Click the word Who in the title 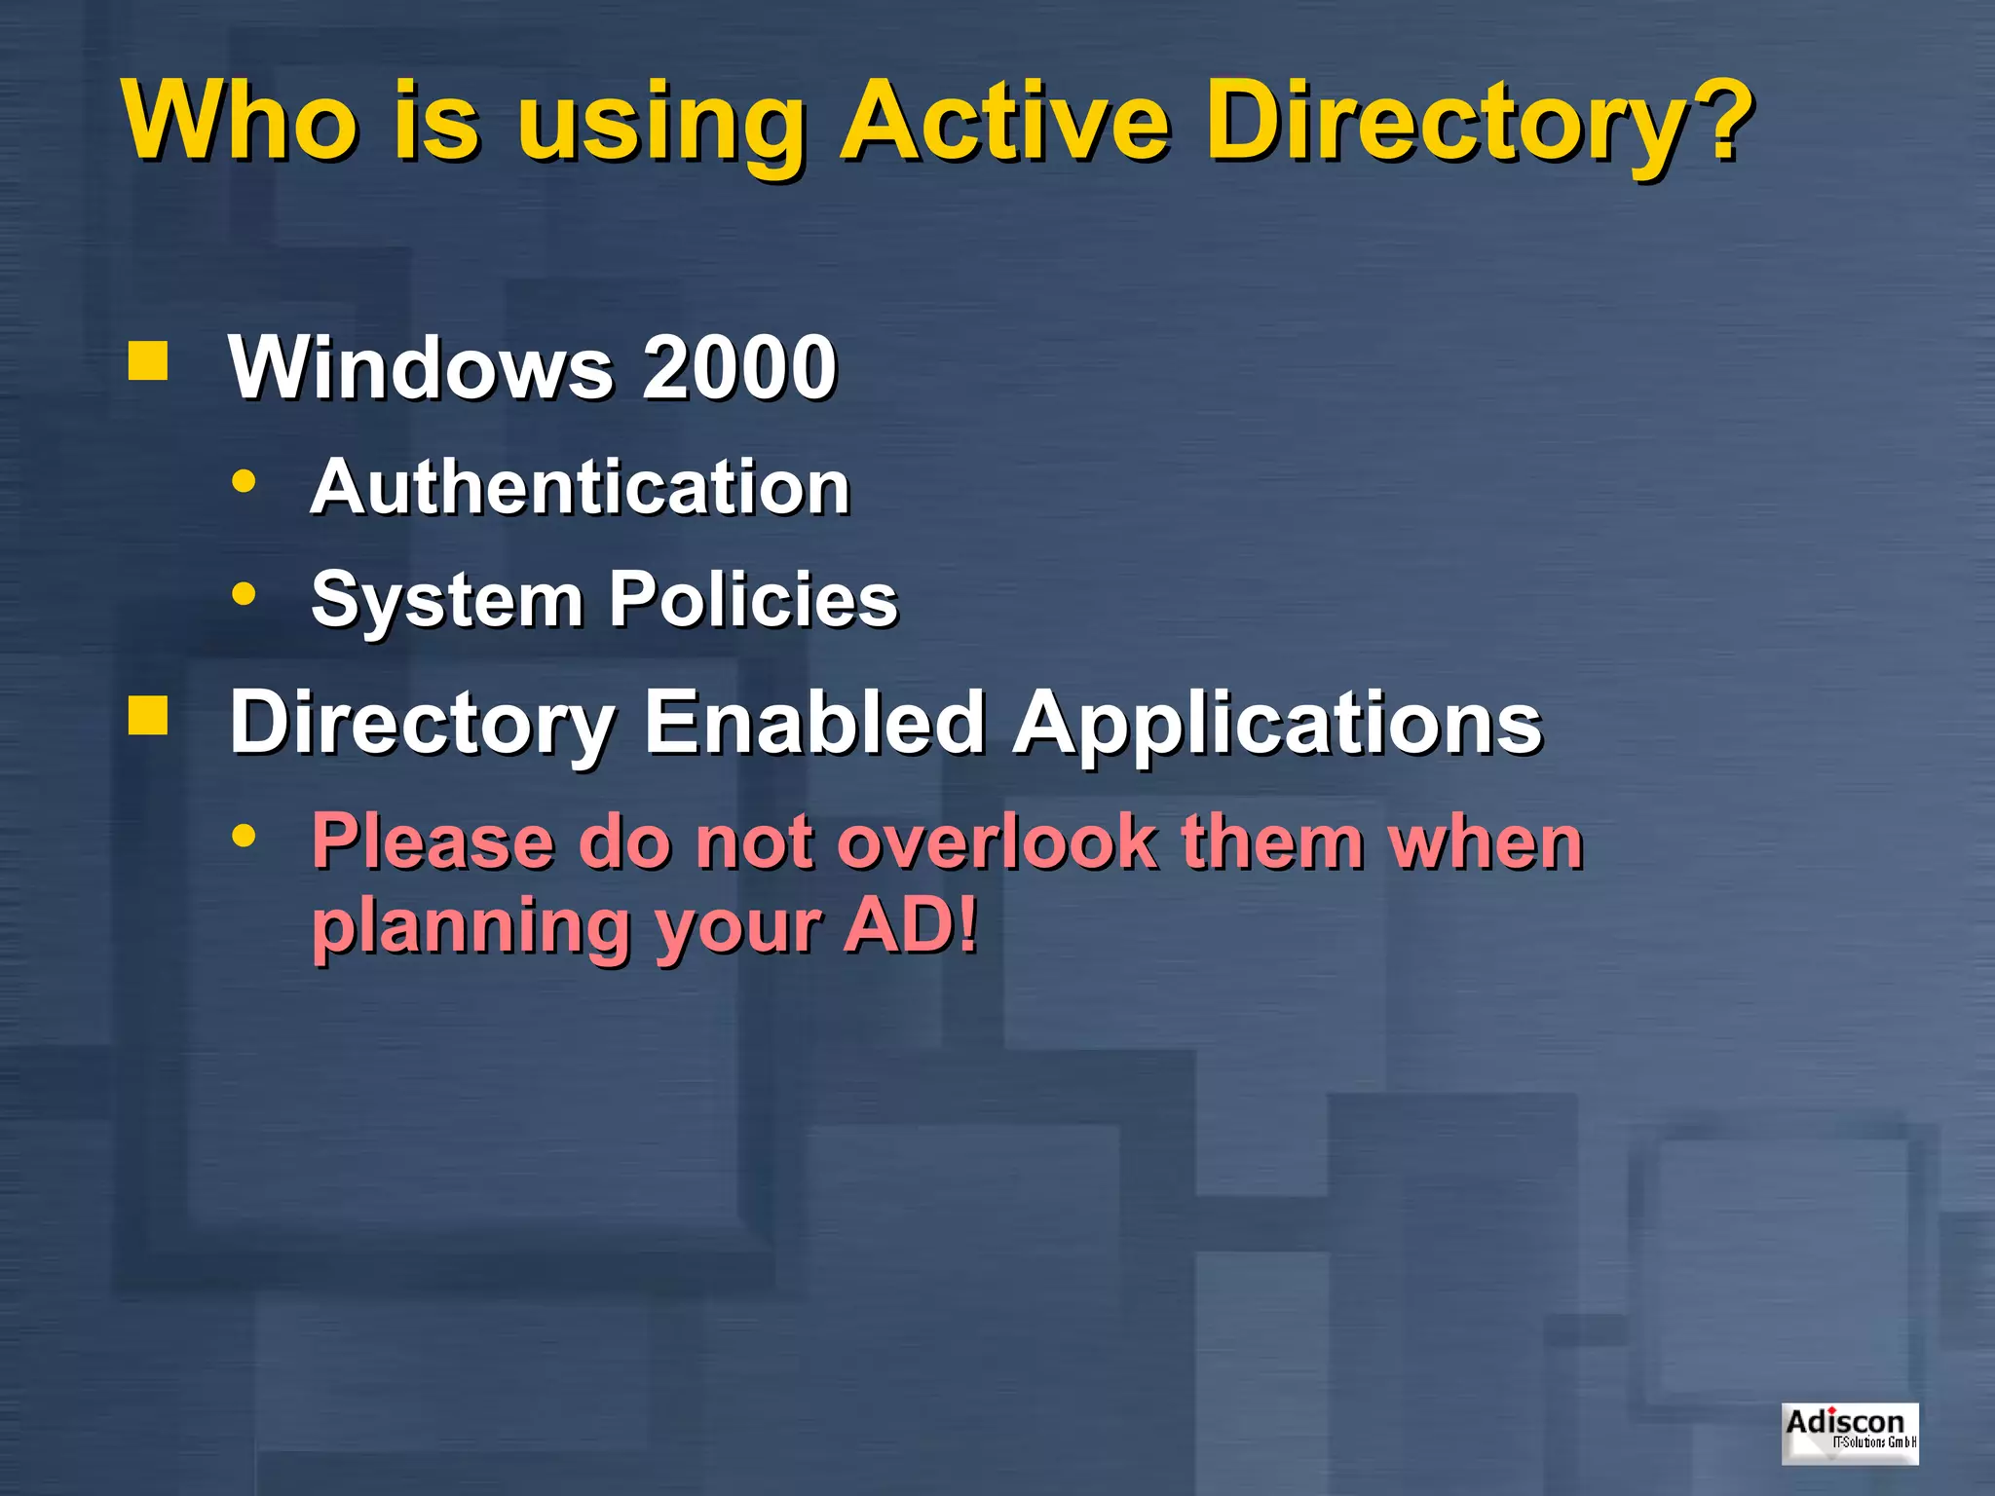(239, 121)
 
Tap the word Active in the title (1004, 121)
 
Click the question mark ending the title (1719, 121)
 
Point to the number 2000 (739, 367)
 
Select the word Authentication (581, 486)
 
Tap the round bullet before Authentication (244, 481)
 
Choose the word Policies (753, 598)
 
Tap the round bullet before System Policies (244, 593)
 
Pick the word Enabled (814, 722)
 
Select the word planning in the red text (471, 927)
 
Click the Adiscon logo (1850, 1433)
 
